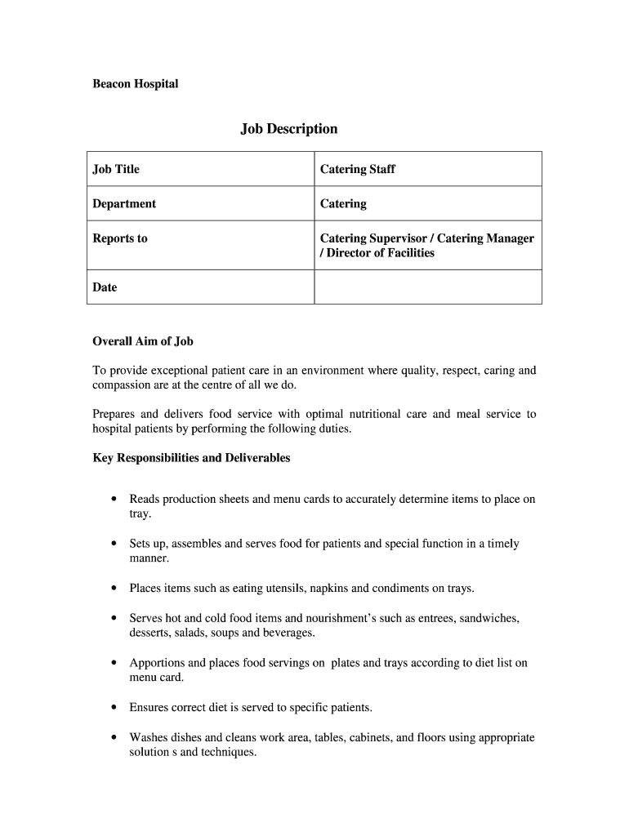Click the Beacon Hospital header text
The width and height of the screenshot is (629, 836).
tap(135, 84)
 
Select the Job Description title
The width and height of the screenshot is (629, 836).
tap(288, 129)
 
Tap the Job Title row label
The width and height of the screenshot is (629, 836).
tap(116, 169)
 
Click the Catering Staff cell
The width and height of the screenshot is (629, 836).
tap(357, 169)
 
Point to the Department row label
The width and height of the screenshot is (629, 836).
tap(124, 203)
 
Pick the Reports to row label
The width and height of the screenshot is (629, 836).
tap(120, 238)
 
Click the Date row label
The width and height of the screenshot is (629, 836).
tap(105, 287)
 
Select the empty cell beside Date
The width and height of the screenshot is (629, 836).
tap(427, 287)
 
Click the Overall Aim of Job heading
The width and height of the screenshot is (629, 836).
tap(143, 341)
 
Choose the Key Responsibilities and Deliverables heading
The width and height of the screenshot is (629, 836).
tap(191, 458)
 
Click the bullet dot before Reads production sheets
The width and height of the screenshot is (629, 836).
tap(112, 499)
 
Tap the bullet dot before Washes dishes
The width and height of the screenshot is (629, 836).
tap(112, 737)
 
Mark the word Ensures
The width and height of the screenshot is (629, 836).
tap(150, 707)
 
